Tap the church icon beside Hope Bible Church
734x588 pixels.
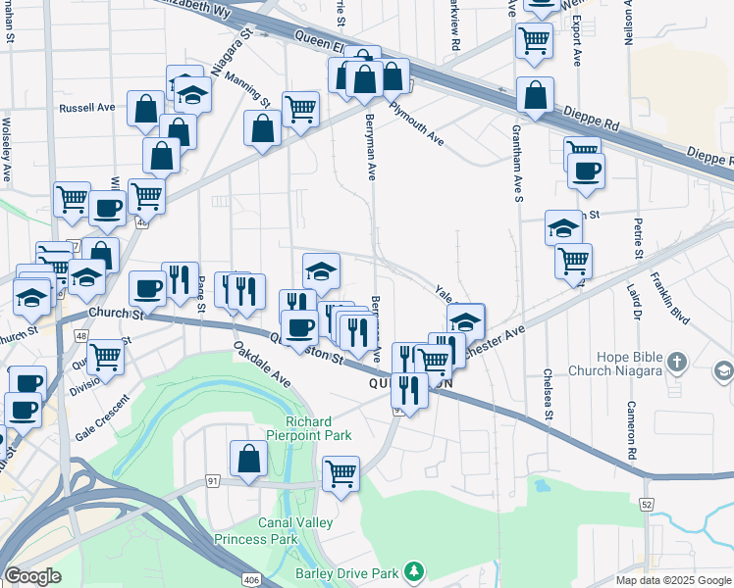[675, 364]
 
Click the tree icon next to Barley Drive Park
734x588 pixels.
[415, 570]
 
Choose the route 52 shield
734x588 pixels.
[646, 503]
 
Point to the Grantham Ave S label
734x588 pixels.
[516, 167]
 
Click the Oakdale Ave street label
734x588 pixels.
[261, 363]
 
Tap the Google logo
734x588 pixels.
[32, 576]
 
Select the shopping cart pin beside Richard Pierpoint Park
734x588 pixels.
[341, 474]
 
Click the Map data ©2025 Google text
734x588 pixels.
[672, 580]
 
